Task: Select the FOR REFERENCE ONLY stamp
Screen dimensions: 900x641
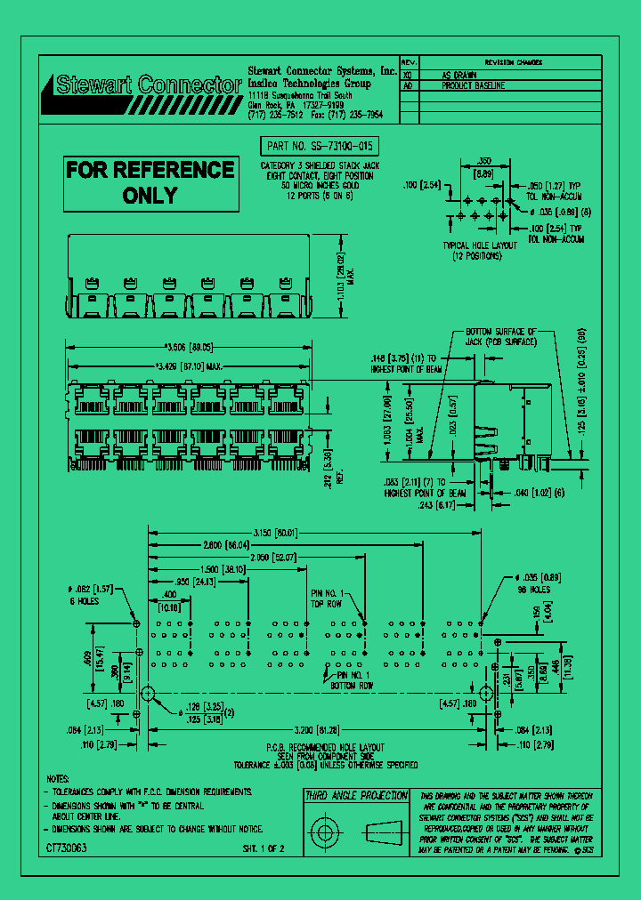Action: tap(150, 182)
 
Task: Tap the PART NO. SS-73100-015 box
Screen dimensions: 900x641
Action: tap(319, 147)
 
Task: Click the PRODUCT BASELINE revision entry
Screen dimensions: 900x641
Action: tap(475, 86)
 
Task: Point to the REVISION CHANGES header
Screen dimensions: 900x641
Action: tap(513, 63)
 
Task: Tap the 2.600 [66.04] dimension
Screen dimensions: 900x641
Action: tap(226, 544)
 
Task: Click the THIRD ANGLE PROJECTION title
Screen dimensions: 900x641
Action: tap(356, 796)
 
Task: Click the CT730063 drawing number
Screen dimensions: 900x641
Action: tap(67, 849)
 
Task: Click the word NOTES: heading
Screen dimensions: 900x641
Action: tap(58, 777)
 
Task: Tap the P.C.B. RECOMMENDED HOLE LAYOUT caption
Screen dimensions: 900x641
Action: tap(325, 748)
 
